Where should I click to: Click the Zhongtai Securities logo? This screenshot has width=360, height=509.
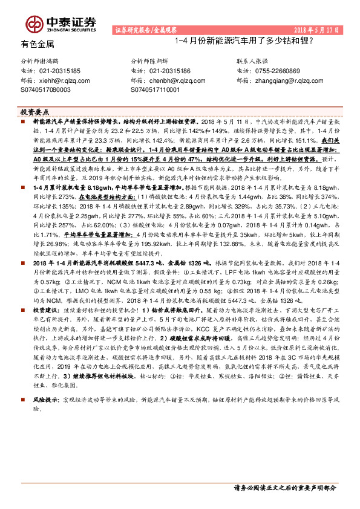pos(60,24)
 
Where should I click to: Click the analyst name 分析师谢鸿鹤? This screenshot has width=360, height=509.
pos(41,62)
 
